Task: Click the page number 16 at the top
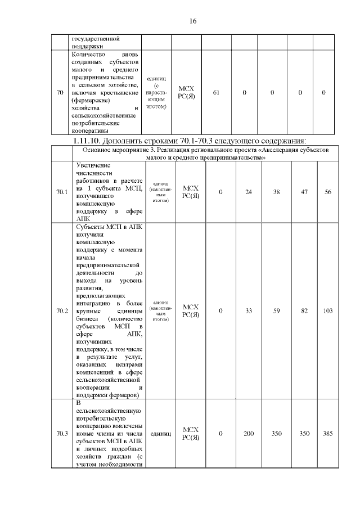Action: tap(192, 21)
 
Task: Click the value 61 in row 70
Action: tap(216, 92)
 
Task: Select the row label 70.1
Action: tap(62, 192)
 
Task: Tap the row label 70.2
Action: tap(62, 310)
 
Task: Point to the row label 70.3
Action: tap(62, 434)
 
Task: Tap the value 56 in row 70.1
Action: tap(328, 192)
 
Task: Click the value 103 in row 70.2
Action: tap(328, 310)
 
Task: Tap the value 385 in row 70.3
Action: tap(328, 434)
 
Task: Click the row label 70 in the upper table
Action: tap(60, 92)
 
